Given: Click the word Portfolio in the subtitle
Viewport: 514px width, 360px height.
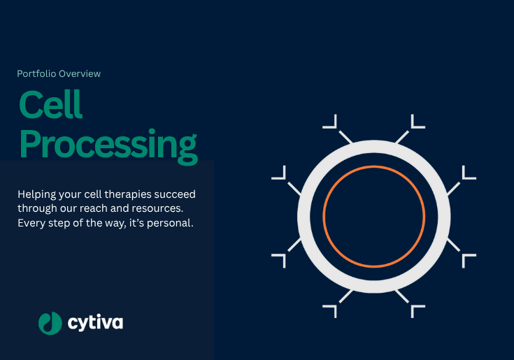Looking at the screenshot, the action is (36, 73).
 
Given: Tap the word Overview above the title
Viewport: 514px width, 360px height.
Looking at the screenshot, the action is (80, 73).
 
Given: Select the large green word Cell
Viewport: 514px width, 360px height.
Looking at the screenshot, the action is (50, 104).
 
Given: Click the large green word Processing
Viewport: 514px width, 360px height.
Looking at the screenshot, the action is (108, 146).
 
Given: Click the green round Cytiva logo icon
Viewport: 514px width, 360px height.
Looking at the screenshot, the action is (50, 323).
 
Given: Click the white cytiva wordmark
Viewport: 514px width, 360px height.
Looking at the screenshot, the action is (95, 323).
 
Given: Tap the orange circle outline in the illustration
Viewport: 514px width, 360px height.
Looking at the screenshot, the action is (374, 166).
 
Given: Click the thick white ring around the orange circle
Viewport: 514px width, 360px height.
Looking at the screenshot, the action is (374, 147).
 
